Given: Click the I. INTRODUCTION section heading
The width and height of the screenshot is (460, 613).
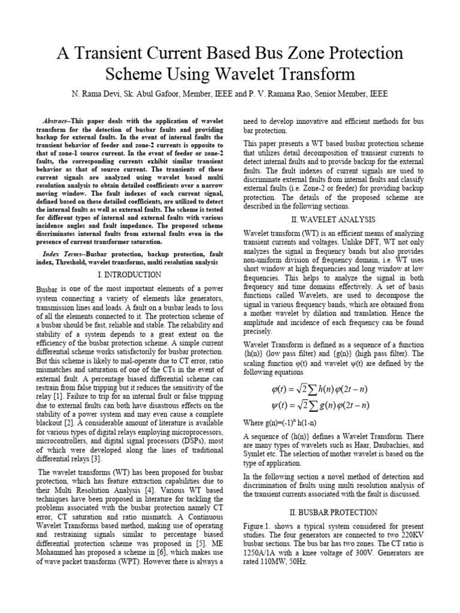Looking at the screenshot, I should click(x=129, y=274).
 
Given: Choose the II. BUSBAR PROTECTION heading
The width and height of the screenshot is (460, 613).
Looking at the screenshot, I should click(x=325, y=512).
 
